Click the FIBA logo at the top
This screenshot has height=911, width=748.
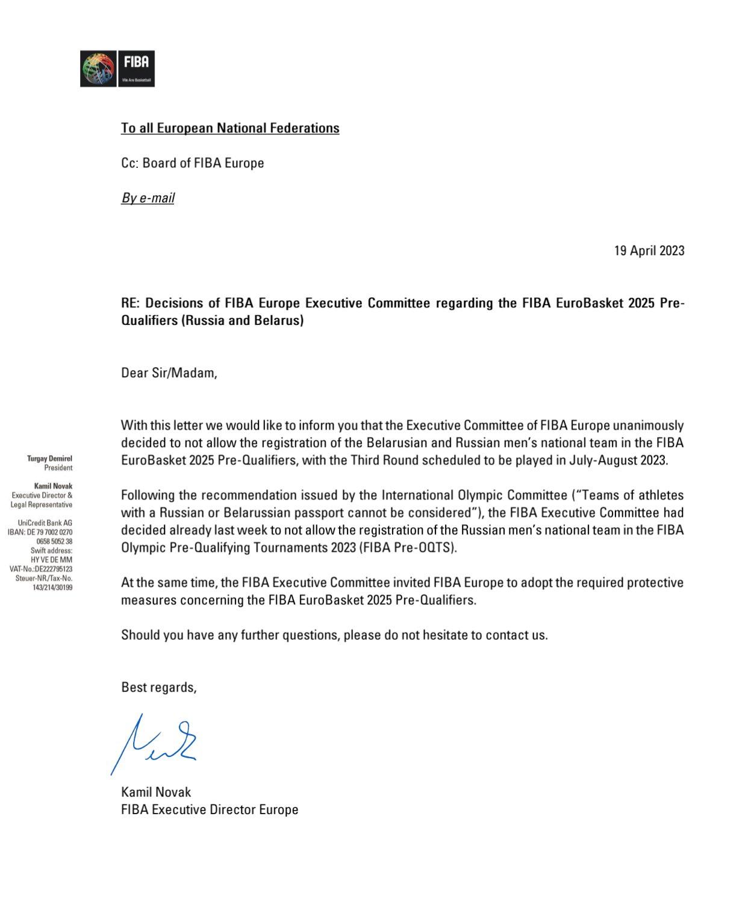[x=117, y=69]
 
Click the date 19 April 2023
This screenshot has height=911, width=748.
[x=649, y=250]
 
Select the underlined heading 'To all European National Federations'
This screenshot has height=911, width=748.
[x=230, y=128]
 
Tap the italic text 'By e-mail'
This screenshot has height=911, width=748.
[x=148, y=198]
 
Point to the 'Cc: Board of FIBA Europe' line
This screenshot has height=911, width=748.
[x=192, y=163]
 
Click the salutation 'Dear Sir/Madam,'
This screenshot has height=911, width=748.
[x=169, y=372]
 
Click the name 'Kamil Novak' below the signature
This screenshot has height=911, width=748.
[x=156, y=792]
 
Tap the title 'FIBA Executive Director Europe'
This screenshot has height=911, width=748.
[x=210, y=809]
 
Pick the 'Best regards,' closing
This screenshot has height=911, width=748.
[x=158, y=687]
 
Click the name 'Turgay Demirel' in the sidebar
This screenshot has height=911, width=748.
[x=49, y=459]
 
